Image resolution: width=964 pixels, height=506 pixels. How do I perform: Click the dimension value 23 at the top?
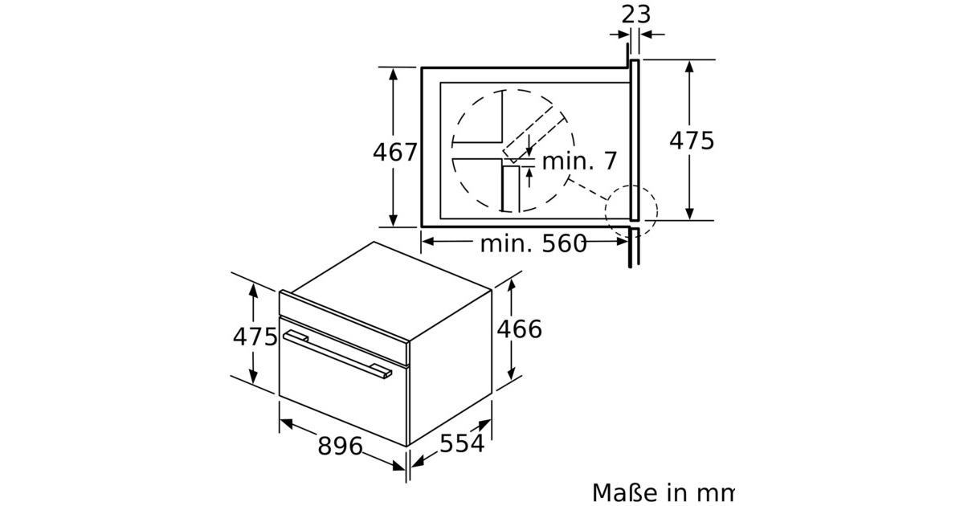(x=635, y=14)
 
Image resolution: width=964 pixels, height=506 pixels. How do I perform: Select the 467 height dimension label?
(x=395, y=152)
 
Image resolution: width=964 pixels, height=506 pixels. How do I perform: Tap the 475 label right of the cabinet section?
(x=692, y=141)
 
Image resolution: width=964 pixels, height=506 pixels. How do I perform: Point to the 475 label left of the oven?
(x=255, y=337)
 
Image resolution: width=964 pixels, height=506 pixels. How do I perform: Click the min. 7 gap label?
(x=579, y=161)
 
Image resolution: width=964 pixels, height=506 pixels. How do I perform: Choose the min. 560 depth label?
(x=533, y=243)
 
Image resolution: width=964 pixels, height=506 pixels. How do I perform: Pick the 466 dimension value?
(x=520, y=329)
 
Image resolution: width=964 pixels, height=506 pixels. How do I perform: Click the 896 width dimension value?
(x=340, y=446)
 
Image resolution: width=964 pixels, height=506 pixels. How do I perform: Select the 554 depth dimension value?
(x=462, y=443)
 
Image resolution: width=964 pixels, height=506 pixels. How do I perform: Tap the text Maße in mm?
(x=664, y=492)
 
